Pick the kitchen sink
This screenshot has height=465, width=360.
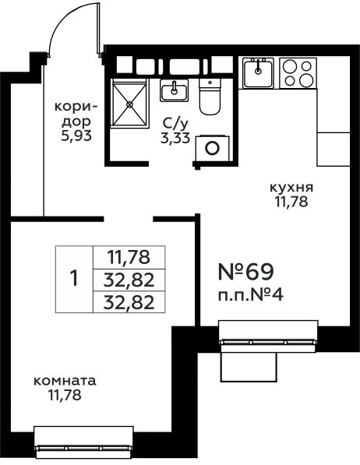tap(257, 74)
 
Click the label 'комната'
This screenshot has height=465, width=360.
tap(65, 382)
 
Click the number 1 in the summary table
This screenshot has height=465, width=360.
tap(74, 278)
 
